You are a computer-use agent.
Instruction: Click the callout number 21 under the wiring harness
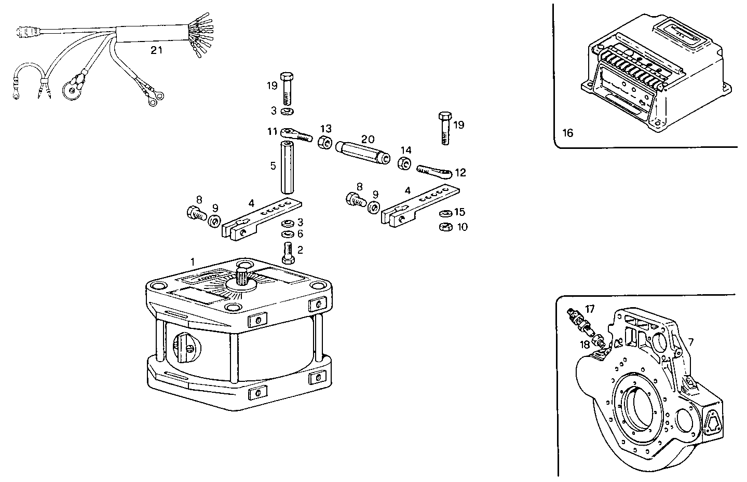[x=156, y=50]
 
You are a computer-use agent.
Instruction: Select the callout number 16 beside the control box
[x=567, y=133]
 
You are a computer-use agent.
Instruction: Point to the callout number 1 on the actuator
[x=192, y=263]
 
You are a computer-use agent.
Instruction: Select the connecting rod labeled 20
[x=363, y=155]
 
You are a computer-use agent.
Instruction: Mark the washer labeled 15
[x=445, y=213]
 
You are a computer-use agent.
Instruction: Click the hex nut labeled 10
[x=445, y=227]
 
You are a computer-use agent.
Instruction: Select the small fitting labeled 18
[x=600, y=342]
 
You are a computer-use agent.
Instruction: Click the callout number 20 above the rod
[x=368, y=139]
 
